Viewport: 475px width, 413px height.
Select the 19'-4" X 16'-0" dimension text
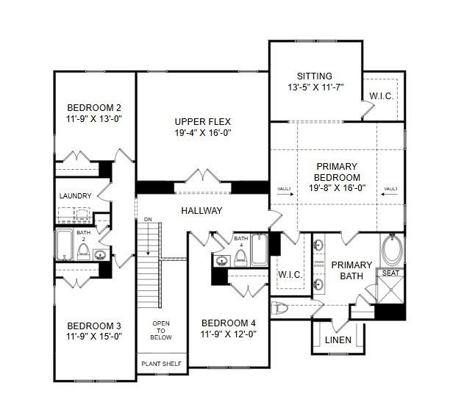coord(203,133)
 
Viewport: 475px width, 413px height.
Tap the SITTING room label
coord(314,76)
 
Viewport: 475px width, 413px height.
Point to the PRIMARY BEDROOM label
coord(337,172)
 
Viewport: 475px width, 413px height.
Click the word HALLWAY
coord(202,211)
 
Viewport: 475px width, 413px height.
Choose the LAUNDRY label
coord(76,196)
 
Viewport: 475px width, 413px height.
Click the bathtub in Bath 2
coord(64,245)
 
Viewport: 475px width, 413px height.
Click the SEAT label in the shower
coord(390,273)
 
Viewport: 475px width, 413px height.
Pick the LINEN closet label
coord(337,340)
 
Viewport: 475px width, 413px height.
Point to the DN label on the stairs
coord(148,220)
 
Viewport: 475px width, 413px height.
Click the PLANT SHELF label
coord(161,362)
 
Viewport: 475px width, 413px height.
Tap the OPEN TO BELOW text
coord(161,331)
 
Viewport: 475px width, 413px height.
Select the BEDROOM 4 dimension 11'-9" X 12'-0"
coord(229,333)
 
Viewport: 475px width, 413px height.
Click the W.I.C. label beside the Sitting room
coord(381,95)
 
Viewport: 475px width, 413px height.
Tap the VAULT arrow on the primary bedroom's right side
coord(389,190)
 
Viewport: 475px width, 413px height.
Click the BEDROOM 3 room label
coord(93,326)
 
